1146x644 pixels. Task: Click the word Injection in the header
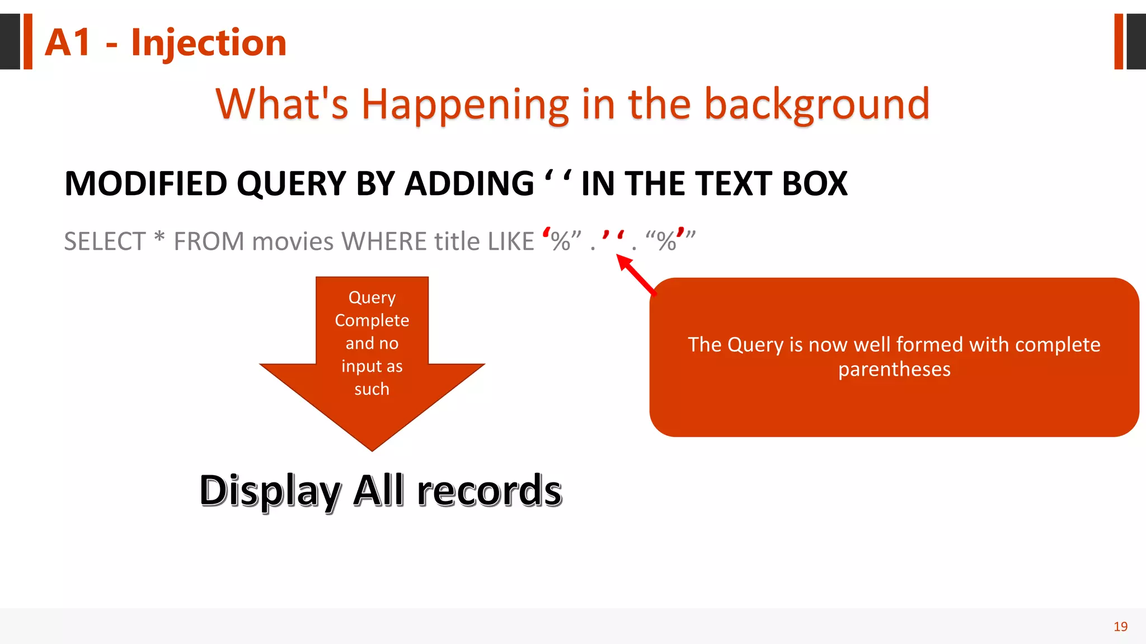coord(208,42)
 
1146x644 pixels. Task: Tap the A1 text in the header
coord(68,42)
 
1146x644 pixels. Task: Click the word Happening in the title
coord(464,104)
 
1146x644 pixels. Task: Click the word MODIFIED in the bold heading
coord(146,183)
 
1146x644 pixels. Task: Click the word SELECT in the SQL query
coord(105,241)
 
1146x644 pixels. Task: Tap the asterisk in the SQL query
coord(159,238)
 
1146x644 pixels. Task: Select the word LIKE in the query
coord(511,241)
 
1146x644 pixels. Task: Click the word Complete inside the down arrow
coord(372,320)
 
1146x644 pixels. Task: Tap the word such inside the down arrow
coord(372,389)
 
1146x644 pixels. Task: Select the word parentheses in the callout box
coord(894,370)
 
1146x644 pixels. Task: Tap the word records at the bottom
coord(489,490)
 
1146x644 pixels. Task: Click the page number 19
coord(1120,626)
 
